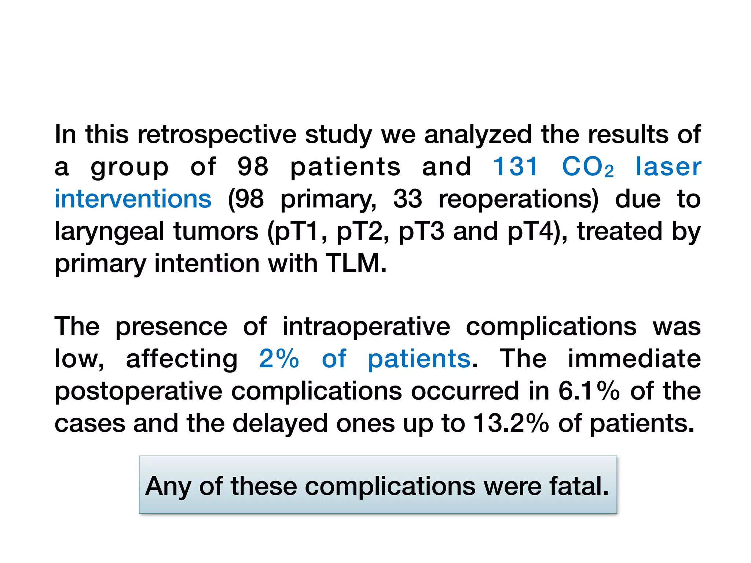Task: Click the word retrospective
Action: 217,135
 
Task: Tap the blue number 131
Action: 515,167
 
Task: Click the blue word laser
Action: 668,167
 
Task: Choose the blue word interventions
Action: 133,199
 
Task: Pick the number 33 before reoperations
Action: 407,199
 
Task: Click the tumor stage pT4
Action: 534,232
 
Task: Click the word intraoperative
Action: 366,327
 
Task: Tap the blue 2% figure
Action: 279,358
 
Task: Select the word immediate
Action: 634,358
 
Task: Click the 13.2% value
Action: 511,423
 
